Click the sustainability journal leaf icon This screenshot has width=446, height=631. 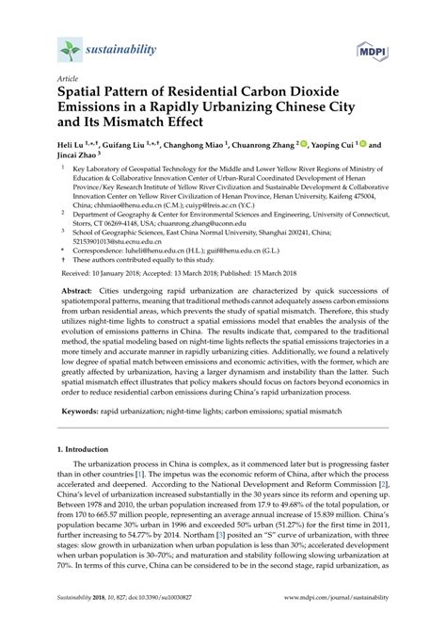tap(69, 47)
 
